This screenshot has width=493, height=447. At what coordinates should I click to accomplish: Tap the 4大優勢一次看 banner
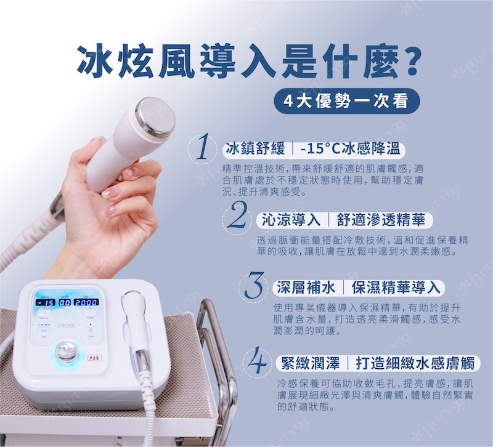[x=347, y=101]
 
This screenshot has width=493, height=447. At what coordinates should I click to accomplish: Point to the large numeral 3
[x=253, y=285]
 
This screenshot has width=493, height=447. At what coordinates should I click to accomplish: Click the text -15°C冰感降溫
[x=350, y=148]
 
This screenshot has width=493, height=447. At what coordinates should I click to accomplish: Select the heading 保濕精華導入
[x=396, y=287]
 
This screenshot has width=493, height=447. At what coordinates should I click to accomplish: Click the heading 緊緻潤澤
[x=311, y=363]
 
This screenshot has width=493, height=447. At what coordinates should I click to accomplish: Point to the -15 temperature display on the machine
[x=46, y=302]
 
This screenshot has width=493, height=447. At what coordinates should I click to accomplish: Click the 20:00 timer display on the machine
[x=86, y=302]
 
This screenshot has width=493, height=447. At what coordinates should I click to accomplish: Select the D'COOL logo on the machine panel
[x=67, y=326]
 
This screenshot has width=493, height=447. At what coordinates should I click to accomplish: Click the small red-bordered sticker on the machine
[x=94, y=358]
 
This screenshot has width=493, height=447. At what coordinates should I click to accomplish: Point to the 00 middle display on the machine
[x=65, y=302]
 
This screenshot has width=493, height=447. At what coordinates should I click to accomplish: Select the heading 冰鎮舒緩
[x=255, y=148]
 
